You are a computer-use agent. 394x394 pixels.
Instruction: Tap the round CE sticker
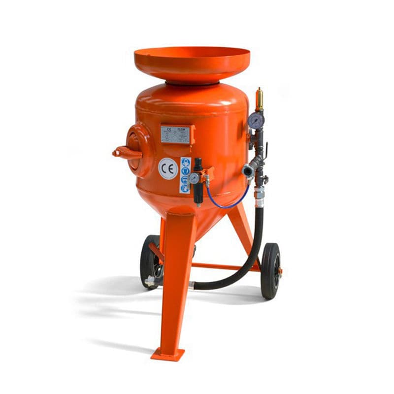[x=168, y=169]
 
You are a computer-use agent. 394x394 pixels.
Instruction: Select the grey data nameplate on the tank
[x=175, y=134]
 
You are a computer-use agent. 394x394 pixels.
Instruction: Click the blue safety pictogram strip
[x=185, y=174]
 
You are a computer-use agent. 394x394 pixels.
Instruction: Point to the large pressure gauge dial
[x=256, y=120]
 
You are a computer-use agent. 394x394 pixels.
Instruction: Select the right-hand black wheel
[x=270, y=270]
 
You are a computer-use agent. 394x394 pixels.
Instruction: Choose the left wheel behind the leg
[x=150, y=261]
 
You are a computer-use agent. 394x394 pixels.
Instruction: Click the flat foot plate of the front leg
[x=167, y=354]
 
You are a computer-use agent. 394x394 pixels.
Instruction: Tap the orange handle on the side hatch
[x=124, y=153]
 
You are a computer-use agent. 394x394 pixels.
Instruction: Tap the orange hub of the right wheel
[x=278, y=270]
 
